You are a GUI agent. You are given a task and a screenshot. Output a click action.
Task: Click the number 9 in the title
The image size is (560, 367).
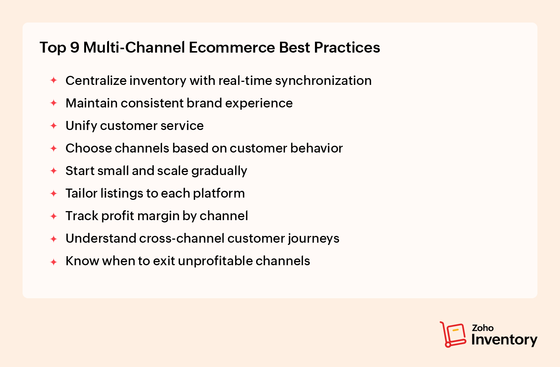pos(75,47)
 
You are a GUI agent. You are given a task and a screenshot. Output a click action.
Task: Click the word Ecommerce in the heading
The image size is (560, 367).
pos(232,47)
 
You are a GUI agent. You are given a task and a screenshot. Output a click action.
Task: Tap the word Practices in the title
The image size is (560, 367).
pos(347,47)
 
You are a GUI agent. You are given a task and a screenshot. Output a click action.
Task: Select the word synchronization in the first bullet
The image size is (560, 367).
pos(323,81)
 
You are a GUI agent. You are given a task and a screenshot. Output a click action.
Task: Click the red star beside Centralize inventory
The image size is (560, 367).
pos(54,80)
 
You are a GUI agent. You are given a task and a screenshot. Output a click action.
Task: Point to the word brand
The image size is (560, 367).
pos(204,103)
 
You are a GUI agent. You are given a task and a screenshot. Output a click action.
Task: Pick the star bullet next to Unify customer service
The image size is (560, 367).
pos(54,126)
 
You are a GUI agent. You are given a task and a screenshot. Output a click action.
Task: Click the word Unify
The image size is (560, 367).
pos(81,126)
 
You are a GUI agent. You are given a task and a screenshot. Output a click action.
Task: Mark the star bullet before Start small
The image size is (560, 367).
pos(54,171)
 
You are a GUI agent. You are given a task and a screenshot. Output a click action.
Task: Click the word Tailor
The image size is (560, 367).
pos(82,193)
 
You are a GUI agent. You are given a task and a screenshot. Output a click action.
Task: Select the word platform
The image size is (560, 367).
pos(219,193)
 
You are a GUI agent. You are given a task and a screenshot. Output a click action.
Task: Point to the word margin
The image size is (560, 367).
pos(158,216)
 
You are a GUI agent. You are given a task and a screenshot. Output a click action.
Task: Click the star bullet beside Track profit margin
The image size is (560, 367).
pos(54,216)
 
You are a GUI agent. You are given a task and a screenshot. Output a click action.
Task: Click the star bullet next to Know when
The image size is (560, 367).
pos(54,262)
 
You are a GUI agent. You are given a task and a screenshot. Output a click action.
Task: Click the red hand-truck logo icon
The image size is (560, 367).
pos(453,334)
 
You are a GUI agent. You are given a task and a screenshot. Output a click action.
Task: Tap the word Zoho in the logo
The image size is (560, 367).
pos(483,328)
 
